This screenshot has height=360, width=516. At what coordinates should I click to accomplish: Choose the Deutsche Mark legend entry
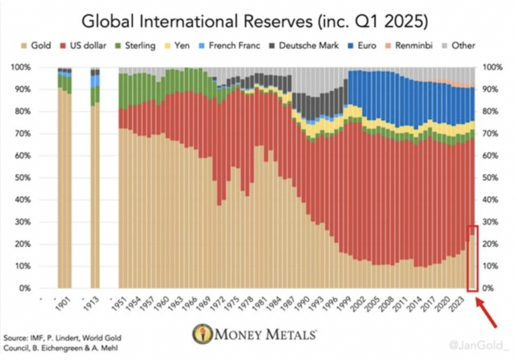tap(303, 45)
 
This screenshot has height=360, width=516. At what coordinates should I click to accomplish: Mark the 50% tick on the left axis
tap(24, 178)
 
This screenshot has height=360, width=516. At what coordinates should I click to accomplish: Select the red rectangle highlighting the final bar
tap(472, 258)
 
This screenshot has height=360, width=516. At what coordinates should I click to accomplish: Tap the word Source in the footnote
tap(15, 338)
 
